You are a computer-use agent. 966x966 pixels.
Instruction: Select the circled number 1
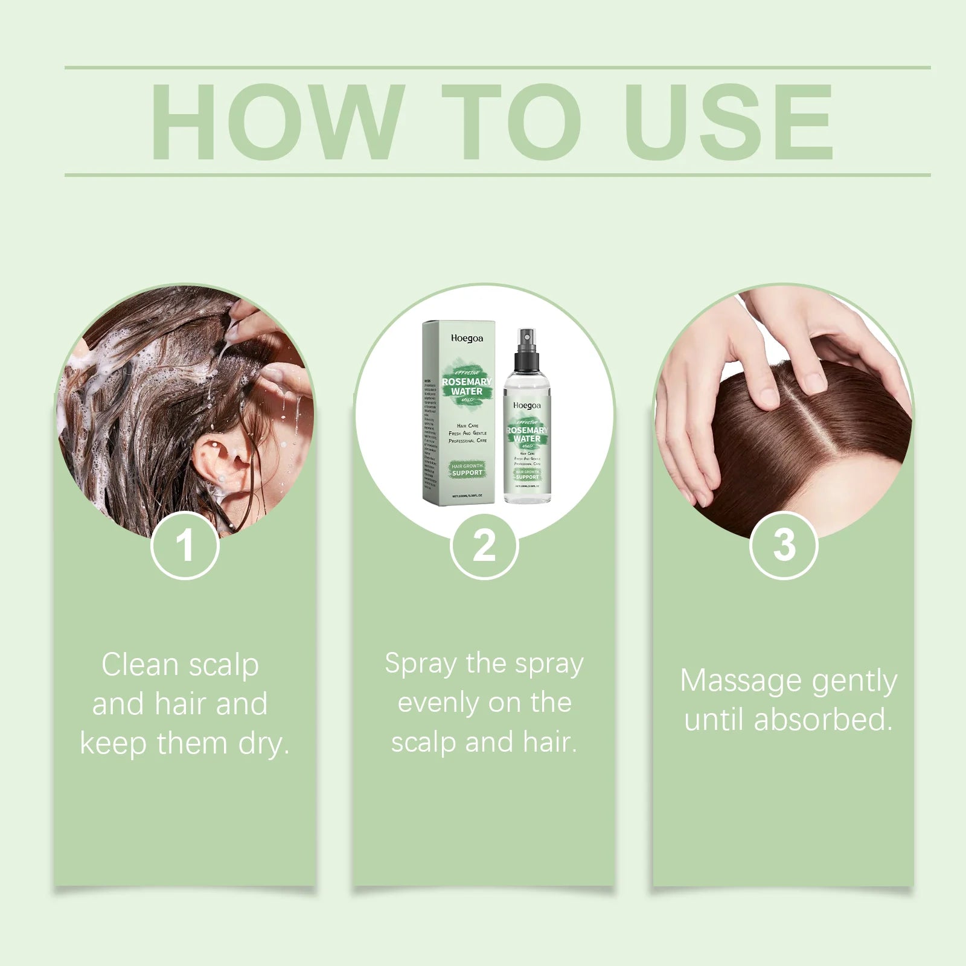(184, 545)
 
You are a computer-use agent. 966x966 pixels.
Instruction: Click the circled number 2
(484, 545)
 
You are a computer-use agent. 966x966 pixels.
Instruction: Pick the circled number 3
(783, 545)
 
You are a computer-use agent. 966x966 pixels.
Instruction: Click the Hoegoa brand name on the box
(467, 339)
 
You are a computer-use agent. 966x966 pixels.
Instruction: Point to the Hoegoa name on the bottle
(527, 406)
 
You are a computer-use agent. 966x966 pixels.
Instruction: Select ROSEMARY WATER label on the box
(467, 386)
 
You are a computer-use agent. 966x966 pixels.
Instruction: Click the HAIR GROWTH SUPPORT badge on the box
(467, 470)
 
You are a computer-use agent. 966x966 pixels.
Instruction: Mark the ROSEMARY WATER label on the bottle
(527, 434)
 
